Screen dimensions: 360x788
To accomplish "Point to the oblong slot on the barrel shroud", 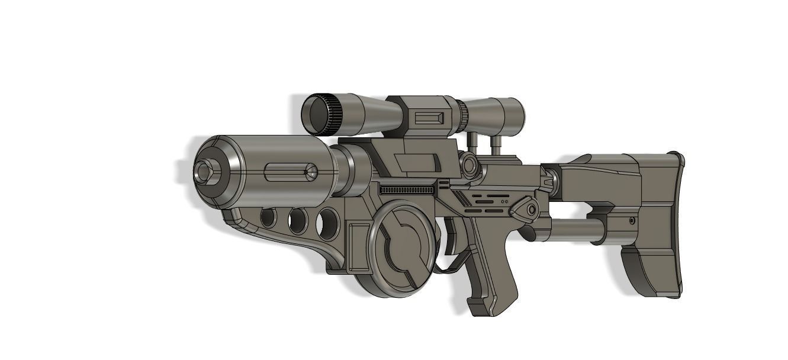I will tap(290, 173).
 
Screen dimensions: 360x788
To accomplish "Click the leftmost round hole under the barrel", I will tap(268, 218).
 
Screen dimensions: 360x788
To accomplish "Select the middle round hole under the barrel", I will tap(297, 221).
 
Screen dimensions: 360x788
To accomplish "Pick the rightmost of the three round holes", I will tap(327, 223).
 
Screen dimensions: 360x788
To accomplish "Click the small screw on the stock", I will tap(632, 221).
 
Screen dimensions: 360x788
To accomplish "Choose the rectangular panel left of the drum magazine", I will tap(358, 246).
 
